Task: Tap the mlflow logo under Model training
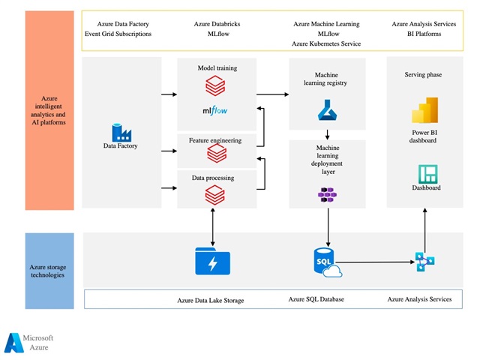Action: [x=216, y=112]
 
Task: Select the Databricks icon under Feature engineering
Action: [x=216, y=154]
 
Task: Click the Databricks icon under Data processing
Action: [x=216, y=196]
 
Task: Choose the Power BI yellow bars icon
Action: [x=424, y=114]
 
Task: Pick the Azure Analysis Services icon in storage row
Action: [x=424, y=262]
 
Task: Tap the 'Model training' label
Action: [x=217, y=68]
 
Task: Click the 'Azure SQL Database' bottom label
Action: [x=316, y=299]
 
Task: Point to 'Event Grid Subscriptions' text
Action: [x=118, y=34]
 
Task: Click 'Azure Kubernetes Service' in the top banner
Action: [x=327, y=43]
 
